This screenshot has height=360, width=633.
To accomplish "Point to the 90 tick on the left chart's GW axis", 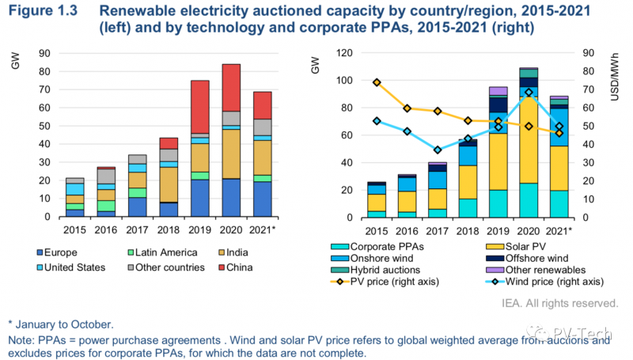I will point(47,53).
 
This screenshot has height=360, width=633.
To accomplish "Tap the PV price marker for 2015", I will point(377,82).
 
